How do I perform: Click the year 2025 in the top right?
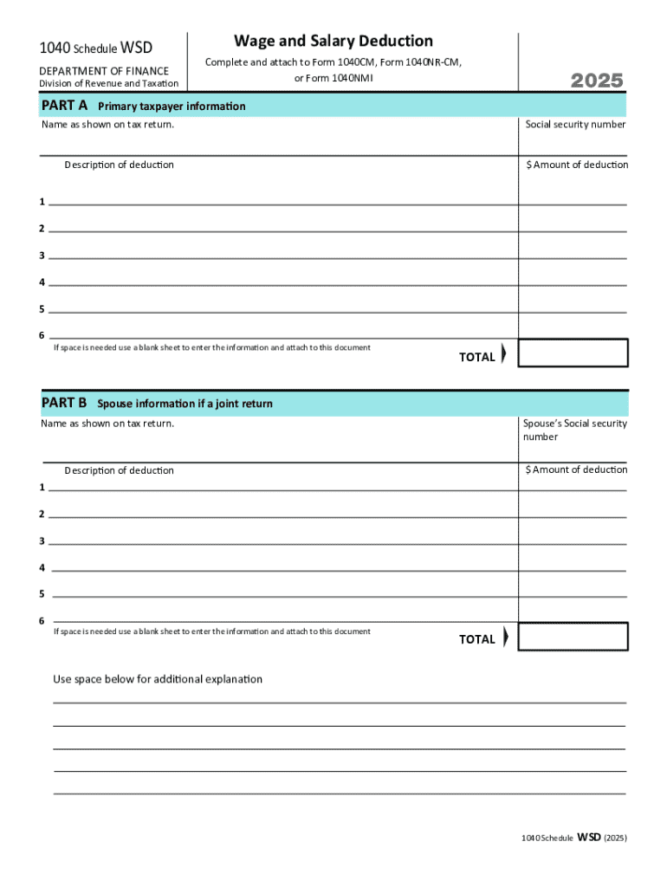tap(597, 81)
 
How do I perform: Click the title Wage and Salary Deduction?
tap(333, 41)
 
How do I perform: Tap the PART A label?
tap(64, 106)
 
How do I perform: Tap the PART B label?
tap(64, 402)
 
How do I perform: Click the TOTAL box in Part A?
tap(573, 353)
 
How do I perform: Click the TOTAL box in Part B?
tap(573, 637)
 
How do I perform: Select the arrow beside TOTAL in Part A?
tap(504, 355)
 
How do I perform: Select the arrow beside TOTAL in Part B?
tap(505, 638)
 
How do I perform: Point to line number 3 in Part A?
tap(42, 256)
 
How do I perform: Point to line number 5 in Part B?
tap(42, 594)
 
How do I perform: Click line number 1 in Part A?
tap(42, 202)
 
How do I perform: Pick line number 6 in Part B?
tap(42, 621)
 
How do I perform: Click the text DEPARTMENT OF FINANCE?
tap(104, 70)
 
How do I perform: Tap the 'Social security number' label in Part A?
tap(575, 125)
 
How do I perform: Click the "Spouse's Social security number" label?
tap(575, 430)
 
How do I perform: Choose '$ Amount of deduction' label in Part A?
tap(577, 165)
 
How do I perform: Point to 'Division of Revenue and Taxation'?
tap(109, 83)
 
